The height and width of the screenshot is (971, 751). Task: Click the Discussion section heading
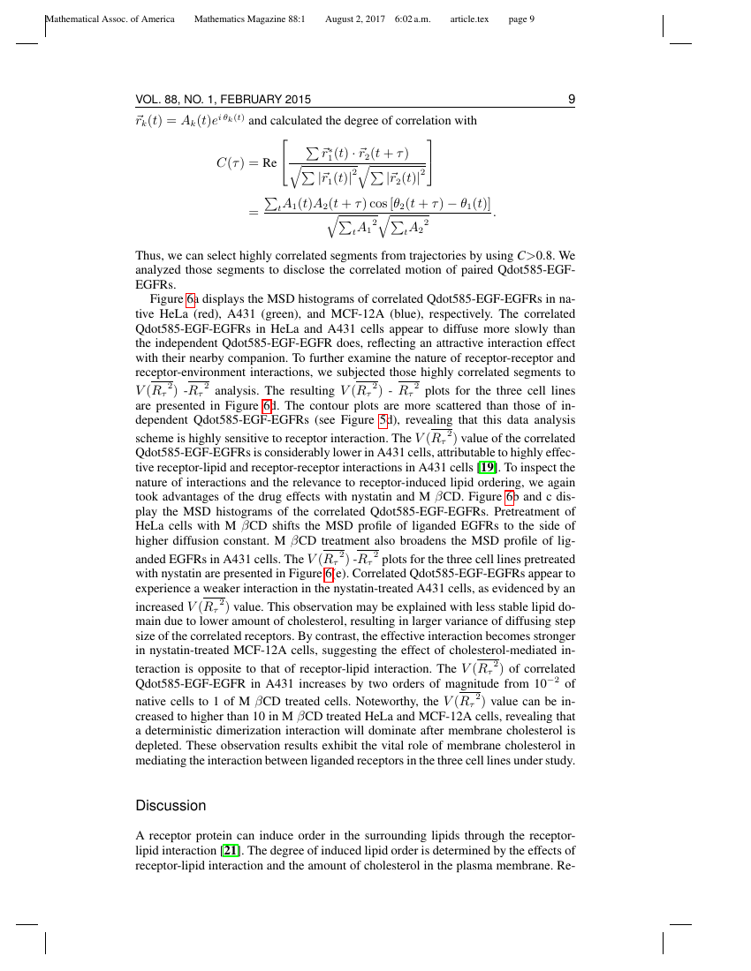click(x=171, y=806)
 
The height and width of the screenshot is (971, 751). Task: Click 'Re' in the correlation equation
click(x=270, y=163)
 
